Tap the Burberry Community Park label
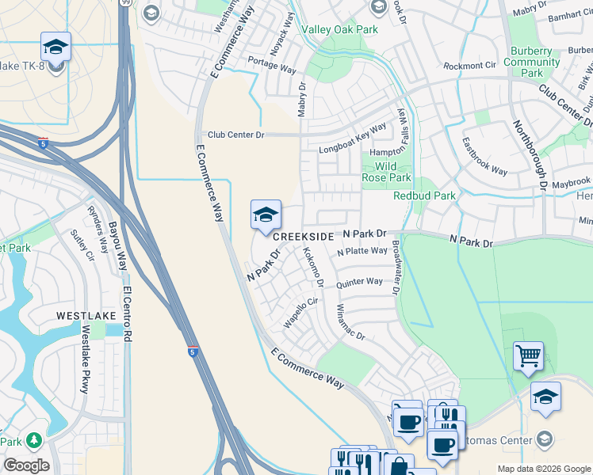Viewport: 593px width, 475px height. click(532, 62)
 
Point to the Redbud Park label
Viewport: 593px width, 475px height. click(424, 196)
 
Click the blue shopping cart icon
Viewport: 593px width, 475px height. click(528, 356)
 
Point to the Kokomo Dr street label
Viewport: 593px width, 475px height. click(314, 267)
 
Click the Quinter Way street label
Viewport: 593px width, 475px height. click(359, 282)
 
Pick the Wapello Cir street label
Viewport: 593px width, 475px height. click(300, 313)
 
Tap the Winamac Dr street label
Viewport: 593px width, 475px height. click(350, 322)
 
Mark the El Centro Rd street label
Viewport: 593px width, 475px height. click(126, 314)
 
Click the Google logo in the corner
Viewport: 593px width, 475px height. click(26, 465)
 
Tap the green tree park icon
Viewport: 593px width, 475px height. click(33, 440)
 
